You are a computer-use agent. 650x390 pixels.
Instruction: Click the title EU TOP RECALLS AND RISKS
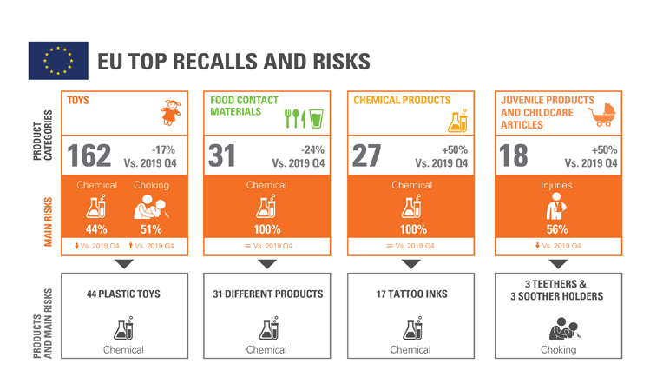233,62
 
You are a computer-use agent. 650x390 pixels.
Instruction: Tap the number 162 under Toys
89,155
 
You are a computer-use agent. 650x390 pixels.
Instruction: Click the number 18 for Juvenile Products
515,155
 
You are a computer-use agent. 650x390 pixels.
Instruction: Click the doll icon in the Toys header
171,113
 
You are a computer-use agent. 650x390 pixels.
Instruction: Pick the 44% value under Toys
96,229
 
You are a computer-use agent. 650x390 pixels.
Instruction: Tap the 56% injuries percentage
556,229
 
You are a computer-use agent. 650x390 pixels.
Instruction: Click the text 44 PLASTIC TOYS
123,294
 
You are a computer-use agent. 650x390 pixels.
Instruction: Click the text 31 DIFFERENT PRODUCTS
267,294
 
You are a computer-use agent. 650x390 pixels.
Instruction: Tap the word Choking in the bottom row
558,350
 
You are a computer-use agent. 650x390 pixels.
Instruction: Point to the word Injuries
556,185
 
